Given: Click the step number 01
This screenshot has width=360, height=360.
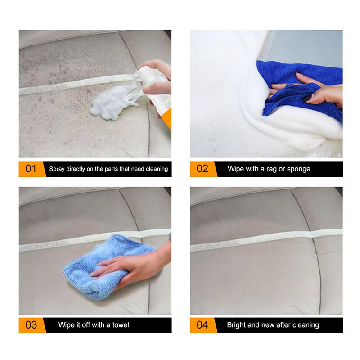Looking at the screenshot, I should click(x=31, y=169).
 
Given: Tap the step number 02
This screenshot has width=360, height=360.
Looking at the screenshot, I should click(x=202, y=169).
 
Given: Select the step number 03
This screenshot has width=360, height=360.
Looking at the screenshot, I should click(x=31, y=324).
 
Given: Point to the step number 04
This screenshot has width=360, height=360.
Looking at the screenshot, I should click(x=202, y=324).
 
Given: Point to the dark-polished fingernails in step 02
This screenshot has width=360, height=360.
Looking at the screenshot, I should click(x=306, y=98).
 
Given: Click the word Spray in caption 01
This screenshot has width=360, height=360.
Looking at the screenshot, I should click(x=57, y=169).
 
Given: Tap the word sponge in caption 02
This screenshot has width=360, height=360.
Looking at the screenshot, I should click(x=299, y=169).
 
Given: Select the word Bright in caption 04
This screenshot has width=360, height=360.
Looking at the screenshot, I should click(x=237, y=324).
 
